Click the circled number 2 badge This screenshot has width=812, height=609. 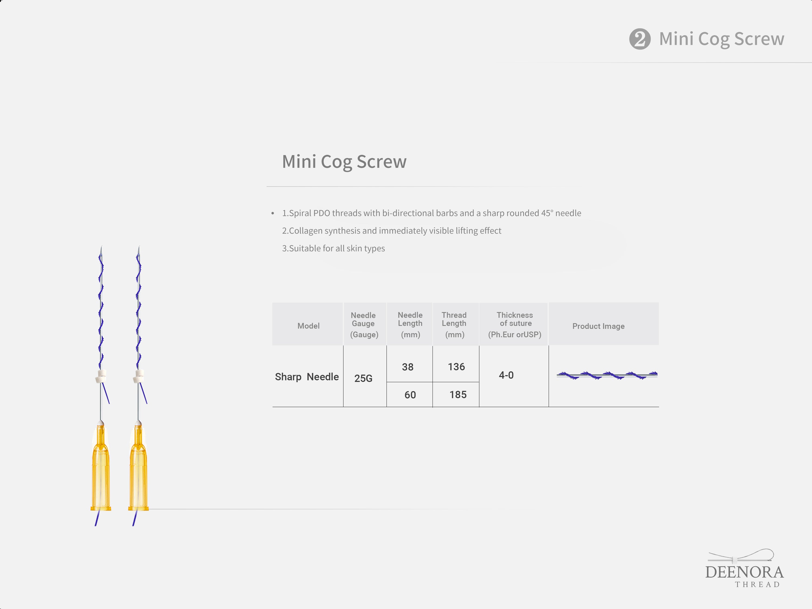[640, 39]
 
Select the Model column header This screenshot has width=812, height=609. [308, 326]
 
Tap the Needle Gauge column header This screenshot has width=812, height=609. [364, 325]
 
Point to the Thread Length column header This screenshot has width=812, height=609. [454, 325]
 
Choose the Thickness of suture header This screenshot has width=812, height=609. [515, 325]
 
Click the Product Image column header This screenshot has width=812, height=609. [598, 326]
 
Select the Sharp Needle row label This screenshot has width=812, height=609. [307, 377]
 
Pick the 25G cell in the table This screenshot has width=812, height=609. [363, 378]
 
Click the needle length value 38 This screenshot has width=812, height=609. [407, 367]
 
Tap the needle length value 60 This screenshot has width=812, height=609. [410, 395]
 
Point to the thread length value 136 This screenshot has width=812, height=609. [456, 367]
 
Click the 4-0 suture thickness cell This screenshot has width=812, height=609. [506, 375]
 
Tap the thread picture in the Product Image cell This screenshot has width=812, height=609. [607, 375]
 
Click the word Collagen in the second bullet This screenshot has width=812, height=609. [305, 231]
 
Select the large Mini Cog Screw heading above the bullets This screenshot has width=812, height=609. [344, 162]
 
